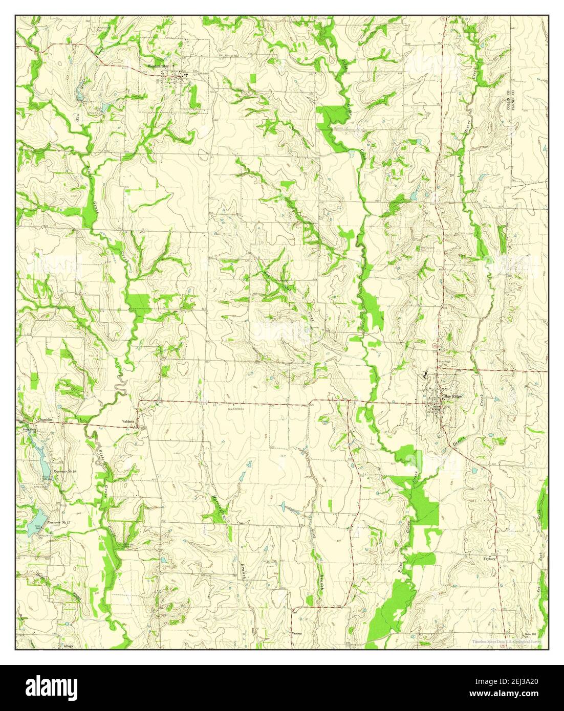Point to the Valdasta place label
128,421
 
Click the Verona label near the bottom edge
297,633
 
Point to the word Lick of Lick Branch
313,537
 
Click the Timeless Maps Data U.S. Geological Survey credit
506,641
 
